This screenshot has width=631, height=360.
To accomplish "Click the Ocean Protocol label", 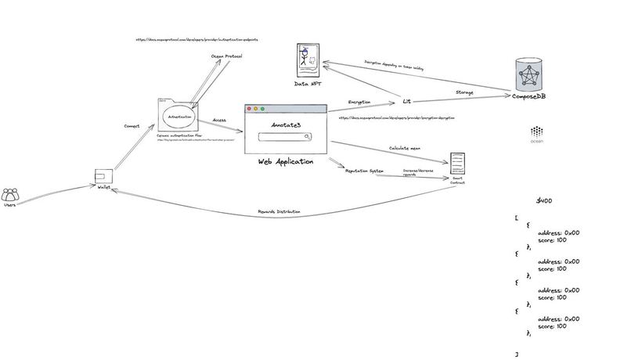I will click(x=226, y=56).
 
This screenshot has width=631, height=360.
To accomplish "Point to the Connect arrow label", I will click(x=132, y=125).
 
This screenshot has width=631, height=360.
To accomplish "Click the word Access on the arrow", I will click(x=219, y=121).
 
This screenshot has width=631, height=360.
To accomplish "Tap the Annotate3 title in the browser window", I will click(x=285, y=125).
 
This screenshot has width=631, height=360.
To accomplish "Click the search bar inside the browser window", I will click(x=284, y=138).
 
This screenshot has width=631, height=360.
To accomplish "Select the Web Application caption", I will click(x=286, y=161).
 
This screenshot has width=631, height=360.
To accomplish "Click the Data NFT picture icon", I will click(x=308, y=62).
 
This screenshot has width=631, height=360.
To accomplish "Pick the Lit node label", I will click(x=406, y=102).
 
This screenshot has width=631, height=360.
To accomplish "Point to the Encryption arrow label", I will click(x=359, y=102).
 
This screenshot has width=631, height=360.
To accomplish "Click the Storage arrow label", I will click(x=464, y=92).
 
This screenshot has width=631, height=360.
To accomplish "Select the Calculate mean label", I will click(x=406, y=148).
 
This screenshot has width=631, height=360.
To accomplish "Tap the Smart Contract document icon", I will click(x=458, y=164).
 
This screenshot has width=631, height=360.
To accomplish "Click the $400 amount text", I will click(x=544, y=201).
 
